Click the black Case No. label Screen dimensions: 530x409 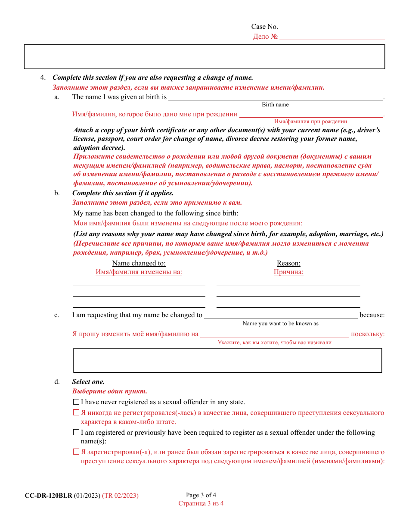coord(264,27)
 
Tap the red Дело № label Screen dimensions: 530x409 coord(265,37)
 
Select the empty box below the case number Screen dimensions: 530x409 coord(204,56)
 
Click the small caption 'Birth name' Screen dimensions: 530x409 coord(275,105)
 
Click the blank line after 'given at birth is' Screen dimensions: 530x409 coord(276,99)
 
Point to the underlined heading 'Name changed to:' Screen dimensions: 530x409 coord(139,263)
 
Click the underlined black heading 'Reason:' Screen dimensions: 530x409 coord(288,263)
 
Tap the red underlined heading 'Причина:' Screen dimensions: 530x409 coord(288,272)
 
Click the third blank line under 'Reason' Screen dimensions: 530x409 coord(288,306)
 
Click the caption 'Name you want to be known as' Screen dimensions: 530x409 coord(280,324)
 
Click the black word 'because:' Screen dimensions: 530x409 coord(372,315)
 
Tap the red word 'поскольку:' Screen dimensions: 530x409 coord(368,334)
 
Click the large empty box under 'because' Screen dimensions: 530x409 coord(228,360)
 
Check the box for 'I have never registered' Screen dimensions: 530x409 coord(76,402)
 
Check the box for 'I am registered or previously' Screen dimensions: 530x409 coord(76,433)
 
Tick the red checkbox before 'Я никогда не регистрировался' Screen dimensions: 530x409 coord(76,413)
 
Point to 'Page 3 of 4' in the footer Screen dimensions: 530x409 coord(201,495)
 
